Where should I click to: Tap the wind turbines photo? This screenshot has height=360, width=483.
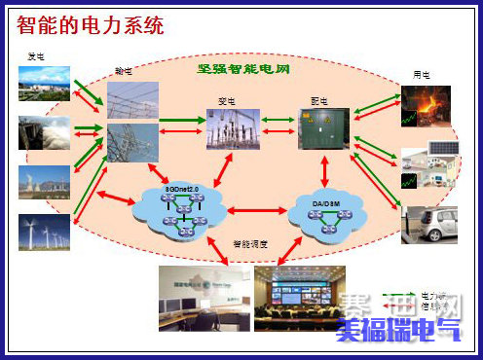44,233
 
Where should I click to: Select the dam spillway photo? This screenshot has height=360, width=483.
44,133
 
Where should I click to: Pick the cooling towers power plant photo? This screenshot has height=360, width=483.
44,181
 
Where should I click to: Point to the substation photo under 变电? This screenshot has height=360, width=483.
234,128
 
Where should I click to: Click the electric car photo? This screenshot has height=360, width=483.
429,219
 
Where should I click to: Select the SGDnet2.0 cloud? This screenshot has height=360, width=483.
182,209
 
